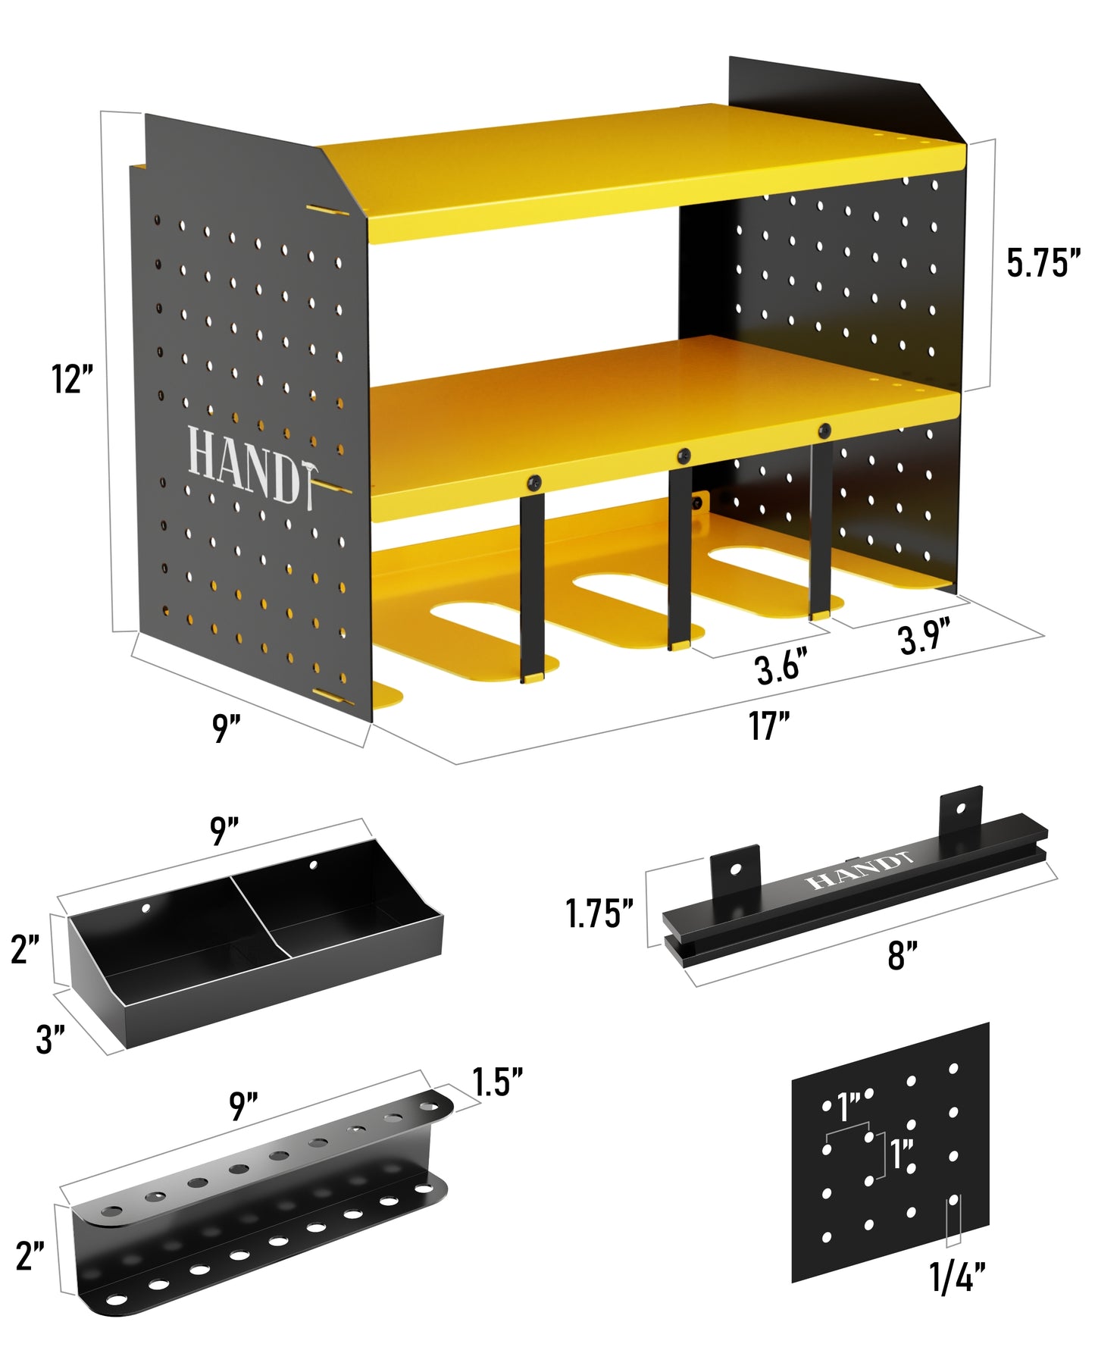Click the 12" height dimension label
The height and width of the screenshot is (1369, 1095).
click(x=72, y=379)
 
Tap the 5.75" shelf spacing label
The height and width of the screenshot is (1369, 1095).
click(x=1042, y=262)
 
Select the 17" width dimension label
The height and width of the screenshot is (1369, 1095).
click(x=768, y=725)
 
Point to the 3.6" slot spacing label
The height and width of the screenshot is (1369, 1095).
click(x=777, y=668)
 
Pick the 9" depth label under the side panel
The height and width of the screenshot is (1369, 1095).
click(x=226, y=728)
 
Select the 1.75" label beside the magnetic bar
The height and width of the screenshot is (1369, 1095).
click(x=599, y=913)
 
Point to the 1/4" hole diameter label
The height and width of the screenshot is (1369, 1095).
click(x=957, y=1277)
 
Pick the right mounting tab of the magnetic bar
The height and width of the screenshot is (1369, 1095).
click(x=960, y=811)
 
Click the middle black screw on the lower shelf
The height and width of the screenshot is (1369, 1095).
click(x=684, y=456)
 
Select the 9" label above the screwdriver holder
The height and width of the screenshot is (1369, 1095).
click(x=244, y=1106)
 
